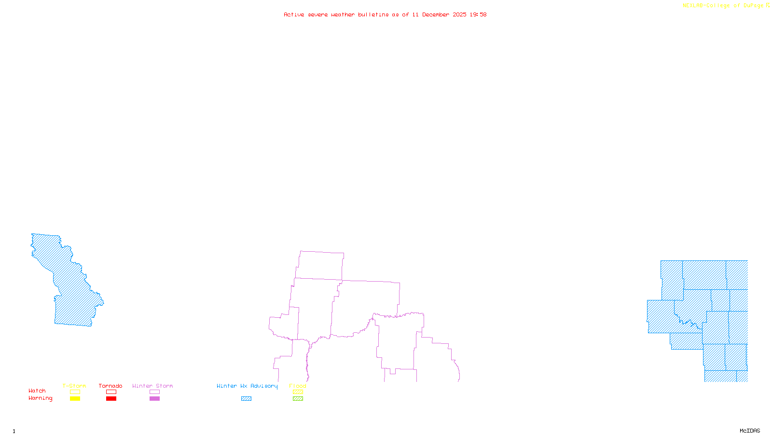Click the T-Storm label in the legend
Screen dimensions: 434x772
[74, 386]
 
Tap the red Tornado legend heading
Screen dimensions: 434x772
[110, 386]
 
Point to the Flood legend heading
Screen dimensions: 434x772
[298, 386]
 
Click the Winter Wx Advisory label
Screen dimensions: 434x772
[247, 386]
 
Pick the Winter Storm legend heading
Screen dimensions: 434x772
[152, 386]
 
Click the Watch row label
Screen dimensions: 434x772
[37, 391]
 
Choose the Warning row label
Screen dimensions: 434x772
[41, 398]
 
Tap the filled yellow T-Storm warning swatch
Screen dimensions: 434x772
[75, 399]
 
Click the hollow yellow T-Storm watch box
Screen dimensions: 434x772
[75, 392]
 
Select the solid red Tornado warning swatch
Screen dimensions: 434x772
[111, 399]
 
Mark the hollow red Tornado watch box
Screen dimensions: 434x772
[111, 392]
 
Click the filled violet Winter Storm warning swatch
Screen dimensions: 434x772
[154, 399]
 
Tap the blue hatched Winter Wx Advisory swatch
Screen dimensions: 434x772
[246, 399]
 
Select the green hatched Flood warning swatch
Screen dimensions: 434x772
[298, 399]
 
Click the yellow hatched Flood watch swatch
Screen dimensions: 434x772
[298, 392]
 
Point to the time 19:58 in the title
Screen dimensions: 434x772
[478, 14]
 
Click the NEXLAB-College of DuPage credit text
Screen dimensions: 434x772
[723, 6]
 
